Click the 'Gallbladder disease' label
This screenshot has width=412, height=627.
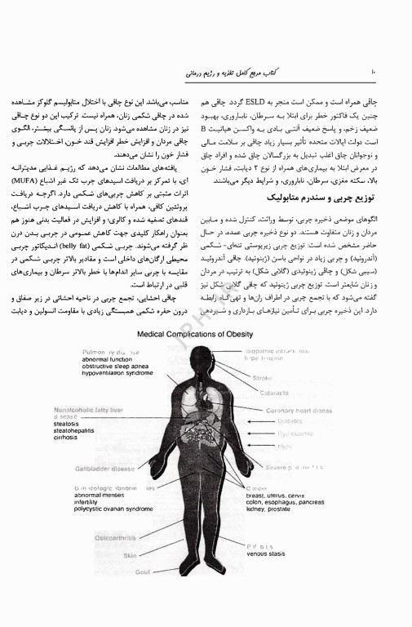(105, 469)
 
